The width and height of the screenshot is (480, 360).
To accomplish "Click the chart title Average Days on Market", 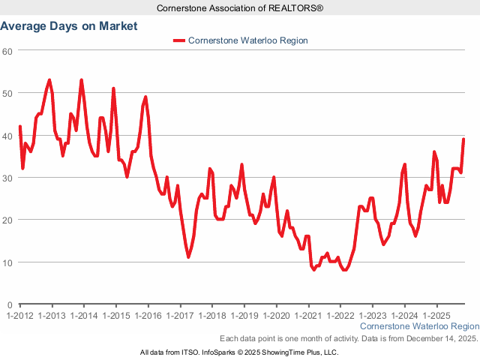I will click(x=69, y=25).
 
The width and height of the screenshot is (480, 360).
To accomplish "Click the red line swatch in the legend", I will click(x=178, y=40).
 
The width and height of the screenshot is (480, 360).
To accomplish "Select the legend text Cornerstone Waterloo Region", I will click(x=248, y=40).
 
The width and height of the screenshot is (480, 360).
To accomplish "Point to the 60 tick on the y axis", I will click(x=7, y=51).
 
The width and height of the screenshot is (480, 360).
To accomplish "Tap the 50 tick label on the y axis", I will click(x=7, y=93).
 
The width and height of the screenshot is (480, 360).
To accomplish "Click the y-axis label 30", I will click(x=7, y=178).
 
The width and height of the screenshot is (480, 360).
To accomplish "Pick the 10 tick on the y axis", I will click(x=7, y=262).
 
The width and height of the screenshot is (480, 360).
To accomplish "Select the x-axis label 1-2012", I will click(x=19, y=316).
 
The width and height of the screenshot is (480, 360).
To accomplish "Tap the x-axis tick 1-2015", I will click(x=115, y=316).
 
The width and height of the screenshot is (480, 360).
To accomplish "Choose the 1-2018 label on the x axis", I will click(x=212, y=316).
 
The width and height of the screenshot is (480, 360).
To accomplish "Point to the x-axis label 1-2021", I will click(x=308, y=316).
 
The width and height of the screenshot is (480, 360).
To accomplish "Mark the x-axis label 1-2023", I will click(x=373, y=316).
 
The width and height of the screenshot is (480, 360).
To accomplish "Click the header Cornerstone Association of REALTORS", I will click(x=239, y=7).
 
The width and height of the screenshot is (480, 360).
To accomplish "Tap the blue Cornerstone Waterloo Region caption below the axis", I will click(x=419, y=327).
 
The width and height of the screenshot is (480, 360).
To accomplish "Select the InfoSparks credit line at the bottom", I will click(x=239, y=352).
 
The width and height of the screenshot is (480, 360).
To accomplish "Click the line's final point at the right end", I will click(x=463, y=139).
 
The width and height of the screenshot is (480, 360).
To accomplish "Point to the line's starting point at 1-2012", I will click(x=20, y=127).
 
